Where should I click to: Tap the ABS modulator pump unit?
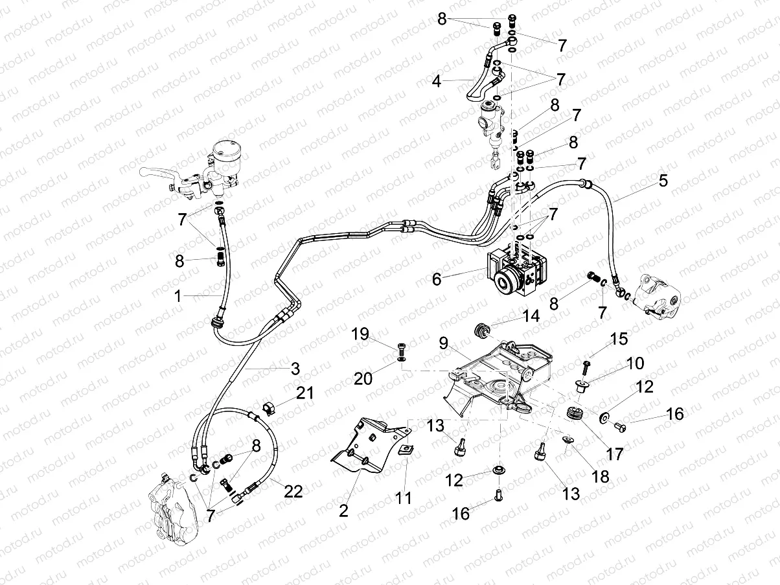pyautogui.click(x=516, y=272)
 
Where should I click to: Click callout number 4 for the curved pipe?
pyautogui.click(x=437, y=82)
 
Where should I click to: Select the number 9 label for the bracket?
pyautogui.click(x=443, y=343)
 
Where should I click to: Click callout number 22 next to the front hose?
pyautogui.click(x=293, y=491)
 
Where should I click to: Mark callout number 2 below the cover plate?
pyautogui.click(x=343, y=510)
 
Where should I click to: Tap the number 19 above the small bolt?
pyautogui.click(x=360, y=334)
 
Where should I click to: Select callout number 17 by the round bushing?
pyautogui.click(x=614, y=453)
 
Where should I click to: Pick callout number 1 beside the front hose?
pyautogui.click(x=178, y=296)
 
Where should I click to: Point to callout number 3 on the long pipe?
pyautogui.click(x=295, y=369)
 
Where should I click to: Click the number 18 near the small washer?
pyautogui.click(x=600, y=476)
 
